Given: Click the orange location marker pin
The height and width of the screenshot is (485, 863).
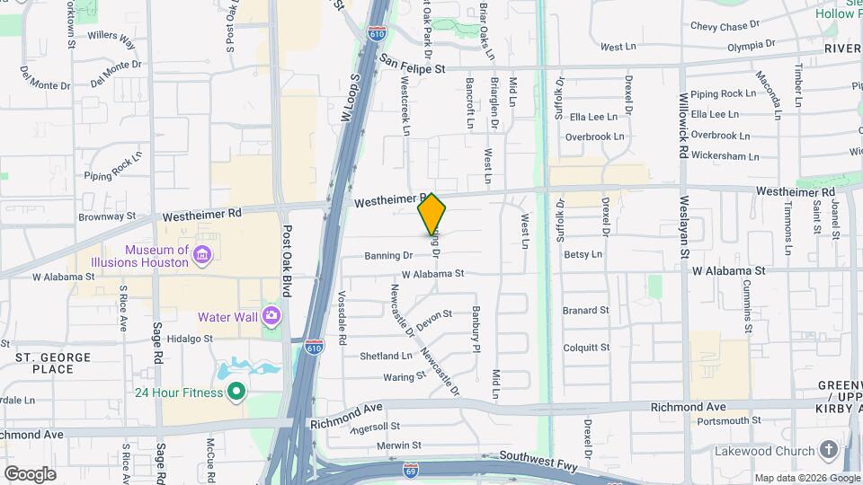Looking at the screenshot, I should (431, 214).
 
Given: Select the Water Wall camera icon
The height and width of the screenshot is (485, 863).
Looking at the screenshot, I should (271, 316).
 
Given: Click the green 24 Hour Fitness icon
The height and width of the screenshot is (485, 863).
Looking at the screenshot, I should (236, 391).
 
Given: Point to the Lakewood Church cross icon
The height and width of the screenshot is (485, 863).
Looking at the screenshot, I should (828, 451).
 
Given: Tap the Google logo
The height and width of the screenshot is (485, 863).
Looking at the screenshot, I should (30, 473).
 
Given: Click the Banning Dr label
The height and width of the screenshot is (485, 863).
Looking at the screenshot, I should (388, 256).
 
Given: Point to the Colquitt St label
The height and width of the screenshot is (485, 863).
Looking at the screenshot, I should (586, 347).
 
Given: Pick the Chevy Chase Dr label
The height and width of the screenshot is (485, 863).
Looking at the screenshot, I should (725, 27).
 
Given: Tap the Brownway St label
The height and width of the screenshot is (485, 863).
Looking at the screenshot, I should (106, 216).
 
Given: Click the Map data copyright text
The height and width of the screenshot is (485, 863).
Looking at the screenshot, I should (806, 478).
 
